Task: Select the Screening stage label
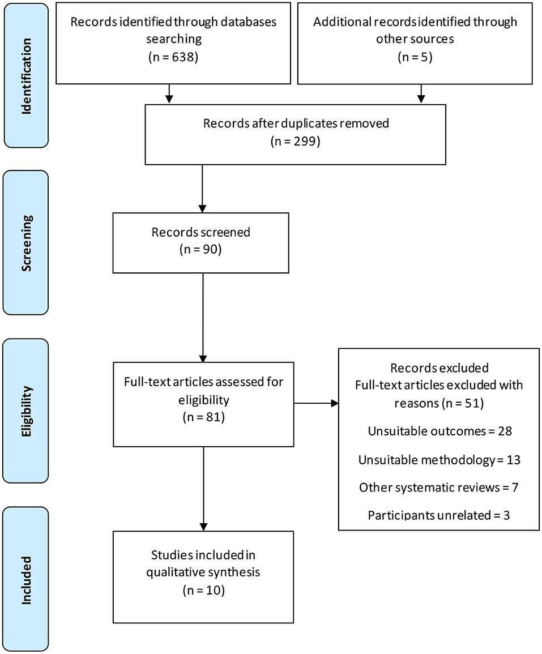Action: coord(26,242)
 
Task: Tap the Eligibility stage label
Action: coord(26,411)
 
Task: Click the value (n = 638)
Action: coord(169,57)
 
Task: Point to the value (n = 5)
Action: coord(415,57)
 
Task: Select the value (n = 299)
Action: coord(296,141)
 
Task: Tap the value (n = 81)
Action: coord(203,418)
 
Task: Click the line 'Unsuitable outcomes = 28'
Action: coord(439,431)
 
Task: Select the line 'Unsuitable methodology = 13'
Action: coord(439,459)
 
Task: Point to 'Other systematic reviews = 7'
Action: coord(439,487)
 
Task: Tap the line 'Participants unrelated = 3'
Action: coord(439,515)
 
